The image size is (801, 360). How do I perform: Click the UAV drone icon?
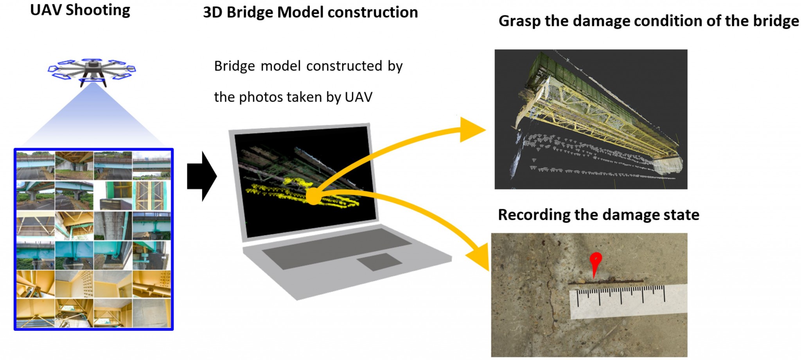[92, 70]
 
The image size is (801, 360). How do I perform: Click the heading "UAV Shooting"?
[80, 10]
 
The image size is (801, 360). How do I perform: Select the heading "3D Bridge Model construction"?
[311, 12]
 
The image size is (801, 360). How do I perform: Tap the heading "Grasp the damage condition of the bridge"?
[649, 21]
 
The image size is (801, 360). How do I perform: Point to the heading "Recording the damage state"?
[598, 215]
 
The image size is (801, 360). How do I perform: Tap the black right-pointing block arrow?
[202, 176]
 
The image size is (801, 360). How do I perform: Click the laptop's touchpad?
[379, 262]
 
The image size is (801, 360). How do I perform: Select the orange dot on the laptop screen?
[313, 196]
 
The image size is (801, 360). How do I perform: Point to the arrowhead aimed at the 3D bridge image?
[471, 129]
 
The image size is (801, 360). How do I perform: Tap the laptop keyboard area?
[336, 249]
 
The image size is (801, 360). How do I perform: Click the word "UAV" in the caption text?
[358, 97]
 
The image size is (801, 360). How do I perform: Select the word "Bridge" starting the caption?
[234, 66]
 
